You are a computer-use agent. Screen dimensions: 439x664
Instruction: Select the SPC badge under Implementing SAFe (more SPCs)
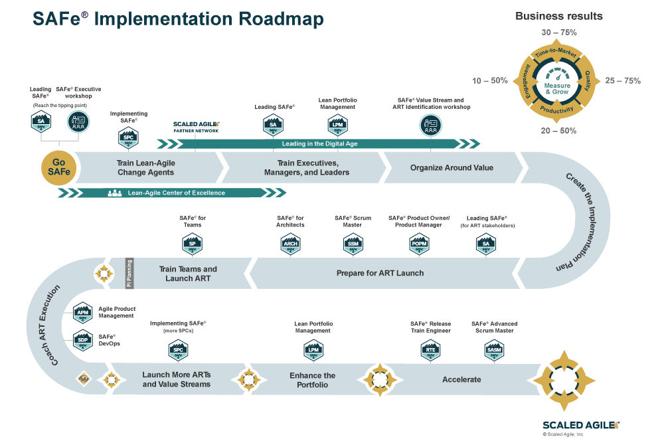[178, 349]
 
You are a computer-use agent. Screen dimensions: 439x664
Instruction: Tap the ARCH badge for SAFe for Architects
[290, 244]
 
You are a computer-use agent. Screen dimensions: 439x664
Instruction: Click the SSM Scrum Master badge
[353, 244]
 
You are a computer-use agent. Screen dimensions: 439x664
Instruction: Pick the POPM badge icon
[419, 244]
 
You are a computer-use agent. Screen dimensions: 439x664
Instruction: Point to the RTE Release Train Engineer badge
[430, 349]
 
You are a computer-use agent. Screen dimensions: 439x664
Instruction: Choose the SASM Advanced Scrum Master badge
[494, 349]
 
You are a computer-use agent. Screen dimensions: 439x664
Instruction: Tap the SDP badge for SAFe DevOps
[83, 341]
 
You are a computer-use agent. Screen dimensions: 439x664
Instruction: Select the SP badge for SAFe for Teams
[191, 244]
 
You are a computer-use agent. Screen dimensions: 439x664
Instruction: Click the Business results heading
[559, 16]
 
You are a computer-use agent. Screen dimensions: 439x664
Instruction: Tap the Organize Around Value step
[452, 167]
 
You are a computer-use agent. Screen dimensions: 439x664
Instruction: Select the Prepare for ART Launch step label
[380, 273]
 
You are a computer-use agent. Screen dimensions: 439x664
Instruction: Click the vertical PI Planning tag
[130, 273]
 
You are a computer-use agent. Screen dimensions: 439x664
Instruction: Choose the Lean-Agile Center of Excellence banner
[176, 193]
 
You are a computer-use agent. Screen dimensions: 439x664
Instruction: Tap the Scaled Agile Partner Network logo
[196, 127]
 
